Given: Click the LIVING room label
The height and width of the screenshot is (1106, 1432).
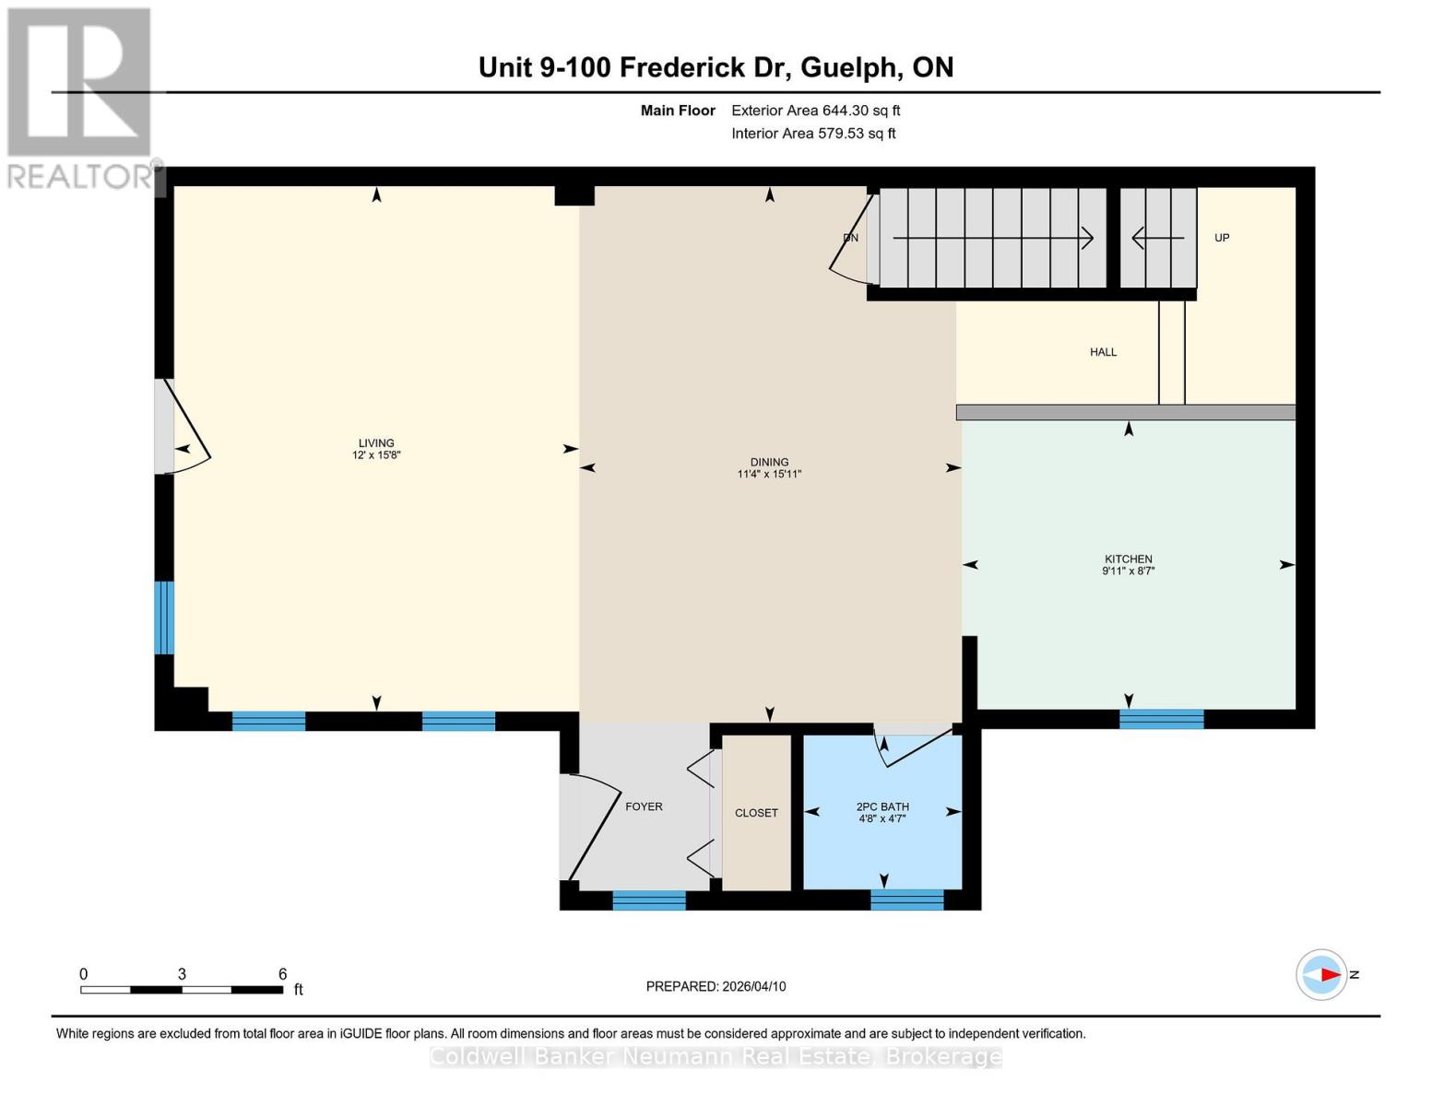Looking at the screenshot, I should pos(376,443).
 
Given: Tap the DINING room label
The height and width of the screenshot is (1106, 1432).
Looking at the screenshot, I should pos(769,463).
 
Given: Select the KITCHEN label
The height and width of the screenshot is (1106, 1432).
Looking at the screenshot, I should pos(1129,559).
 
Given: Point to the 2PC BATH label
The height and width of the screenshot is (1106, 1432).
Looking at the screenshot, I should pos(882,806).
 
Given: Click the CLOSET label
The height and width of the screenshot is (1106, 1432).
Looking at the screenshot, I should pos(756,813).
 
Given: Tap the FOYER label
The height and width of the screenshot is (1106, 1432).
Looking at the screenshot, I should pos(644,806).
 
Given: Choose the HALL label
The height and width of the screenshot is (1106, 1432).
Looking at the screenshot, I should pos(1103,352).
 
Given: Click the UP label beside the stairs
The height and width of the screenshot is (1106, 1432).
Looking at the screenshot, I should pos(1222,238).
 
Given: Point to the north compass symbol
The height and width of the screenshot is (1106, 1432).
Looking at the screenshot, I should pos(1322,974).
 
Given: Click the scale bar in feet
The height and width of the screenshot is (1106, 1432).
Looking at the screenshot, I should pos(182,989).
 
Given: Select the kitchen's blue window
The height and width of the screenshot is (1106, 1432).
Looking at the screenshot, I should pos(1161,719).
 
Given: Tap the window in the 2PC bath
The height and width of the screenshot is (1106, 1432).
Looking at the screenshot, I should pos(906,900).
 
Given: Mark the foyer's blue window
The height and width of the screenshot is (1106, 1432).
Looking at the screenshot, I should pos(649,900).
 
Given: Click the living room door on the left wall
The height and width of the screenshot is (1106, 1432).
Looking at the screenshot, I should pos(175,427).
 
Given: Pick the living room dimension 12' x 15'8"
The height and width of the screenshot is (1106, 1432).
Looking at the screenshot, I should pos(376,455).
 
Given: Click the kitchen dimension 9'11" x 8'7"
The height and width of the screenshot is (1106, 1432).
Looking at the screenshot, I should pos(1129,571).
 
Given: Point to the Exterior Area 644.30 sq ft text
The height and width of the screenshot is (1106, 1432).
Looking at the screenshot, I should pos(815,111).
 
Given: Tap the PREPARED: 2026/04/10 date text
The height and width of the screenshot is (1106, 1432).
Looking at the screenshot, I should pos(716,986).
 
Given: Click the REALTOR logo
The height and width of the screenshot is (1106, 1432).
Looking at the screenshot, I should pos(80,97).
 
